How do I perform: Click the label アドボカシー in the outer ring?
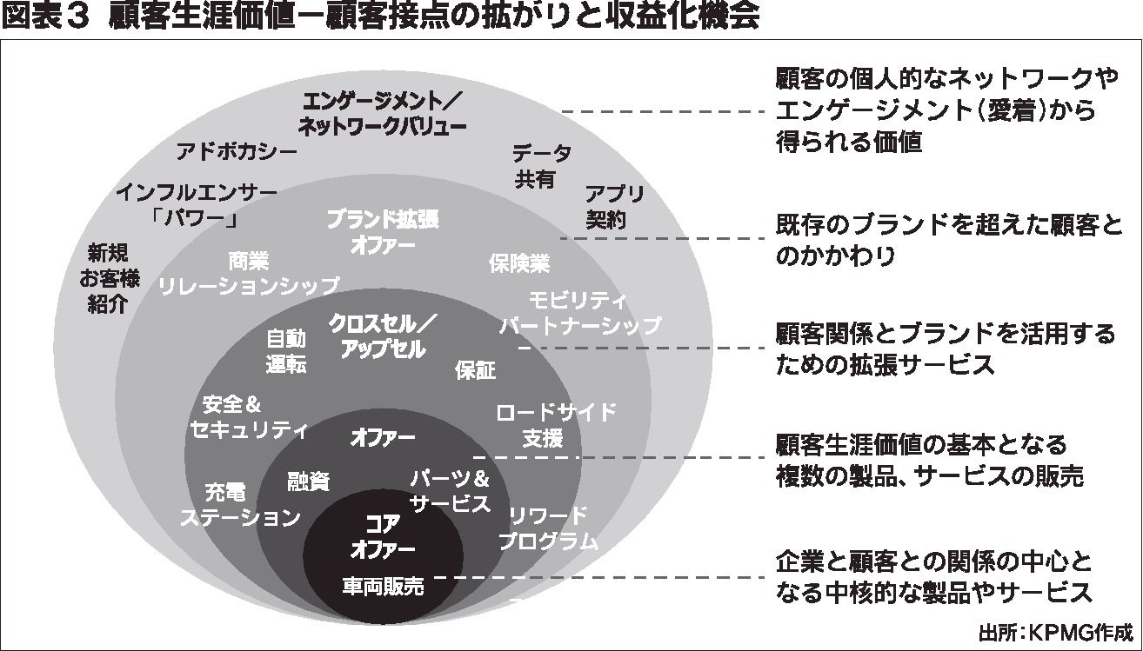[x=237, y=152]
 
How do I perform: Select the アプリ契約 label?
[x=614, y=207]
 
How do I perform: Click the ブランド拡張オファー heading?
[x=383, y=232]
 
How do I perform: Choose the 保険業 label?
[x=519, y=263]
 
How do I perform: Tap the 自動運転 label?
[x=285, y=351]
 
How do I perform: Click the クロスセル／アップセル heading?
[x=383, y=336]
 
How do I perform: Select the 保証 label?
[x=475, y=370]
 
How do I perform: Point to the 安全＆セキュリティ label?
[x=249, y=417]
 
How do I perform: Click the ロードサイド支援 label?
[x=556, y=425]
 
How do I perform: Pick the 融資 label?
[x=308, y=482]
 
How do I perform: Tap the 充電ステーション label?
[x=240, y=505]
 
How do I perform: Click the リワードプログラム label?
[x=548, y=528]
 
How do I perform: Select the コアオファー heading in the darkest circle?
[x=383, y=537]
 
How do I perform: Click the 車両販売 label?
[x=383, y=587]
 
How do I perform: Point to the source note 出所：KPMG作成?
[x=1056, y=633]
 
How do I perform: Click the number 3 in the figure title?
[x=77, y=17]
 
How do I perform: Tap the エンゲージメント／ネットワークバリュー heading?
[x=382, y=114]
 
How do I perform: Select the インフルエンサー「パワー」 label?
[x=196, y=205]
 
